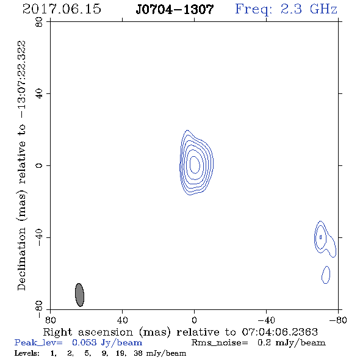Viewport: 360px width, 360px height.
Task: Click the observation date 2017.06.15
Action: click(62, 9)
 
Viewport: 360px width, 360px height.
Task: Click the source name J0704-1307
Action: click(175, 10)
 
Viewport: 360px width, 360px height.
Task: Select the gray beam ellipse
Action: click(80, 295)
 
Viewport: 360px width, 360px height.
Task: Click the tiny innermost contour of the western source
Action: click(321, 237)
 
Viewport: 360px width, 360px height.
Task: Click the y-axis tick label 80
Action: click(39, 22)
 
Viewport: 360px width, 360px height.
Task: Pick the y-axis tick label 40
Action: click(39, 94)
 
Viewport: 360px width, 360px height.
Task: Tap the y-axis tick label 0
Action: click(39, 165)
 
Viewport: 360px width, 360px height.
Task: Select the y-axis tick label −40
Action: click(39, 237)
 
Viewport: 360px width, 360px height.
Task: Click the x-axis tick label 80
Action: click(51, 320)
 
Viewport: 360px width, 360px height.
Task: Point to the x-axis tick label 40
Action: click(123, 320)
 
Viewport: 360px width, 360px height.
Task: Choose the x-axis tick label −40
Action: click(266, 320)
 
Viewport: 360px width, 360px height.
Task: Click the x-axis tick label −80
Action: click(338, 320)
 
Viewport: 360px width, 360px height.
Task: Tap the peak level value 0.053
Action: click(84, 342)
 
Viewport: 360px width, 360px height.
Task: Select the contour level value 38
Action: click(138, 353)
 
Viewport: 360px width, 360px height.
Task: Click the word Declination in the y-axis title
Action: click(21, 259)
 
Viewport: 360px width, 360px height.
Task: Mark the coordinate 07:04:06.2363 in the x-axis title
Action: click(280, 332)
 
